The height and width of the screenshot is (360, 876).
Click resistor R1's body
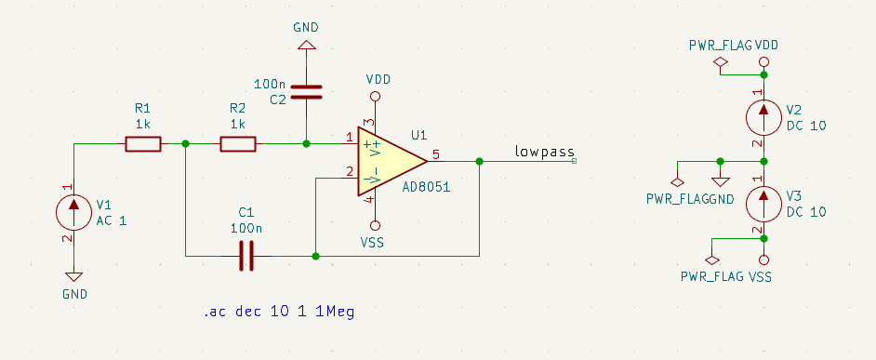click(x=143, y=143)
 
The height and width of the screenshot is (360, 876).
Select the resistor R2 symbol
click(x=238, y=143)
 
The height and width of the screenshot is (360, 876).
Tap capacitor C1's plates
click(x=246, y=255)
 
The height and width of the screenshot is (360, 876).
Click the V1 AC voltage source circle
click(x=73, y=211)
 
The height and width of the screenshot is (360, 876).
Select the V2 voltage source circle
click(x=763, y=116)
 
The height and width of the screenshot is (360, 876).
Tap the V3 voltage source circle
click(x=763, y=204)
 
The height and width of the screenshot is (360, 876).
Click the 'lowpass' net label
click(x=545, y=152)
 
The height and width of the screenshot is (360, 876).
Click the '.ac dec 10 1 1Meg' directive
click(x=278, y=311)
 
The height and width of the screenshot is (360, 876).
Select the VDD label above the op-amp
click(x=378, y=78)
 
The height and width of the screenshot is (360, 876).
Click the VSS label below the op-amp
click(x=372, y=243)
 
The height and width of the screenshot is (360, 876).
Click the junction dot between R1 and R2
click(x=186, y=143)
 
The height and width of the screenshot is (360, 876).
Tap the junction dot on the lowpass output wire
click(x=479, y=161)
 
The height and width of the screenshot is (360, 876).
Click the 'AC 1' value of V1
click(x=111, y=220)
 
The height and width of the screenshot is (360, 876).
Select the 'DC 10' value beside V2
click(x=805, y=126)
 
